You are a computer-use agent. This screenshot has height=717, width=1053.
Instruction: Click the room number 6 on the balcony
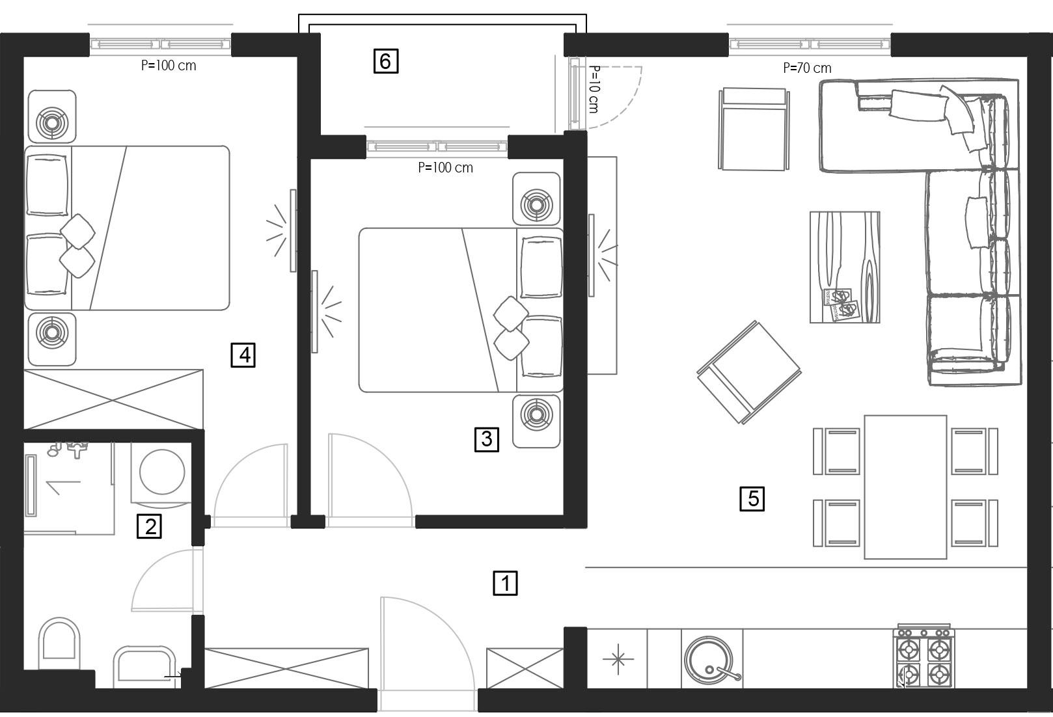coord(385,61)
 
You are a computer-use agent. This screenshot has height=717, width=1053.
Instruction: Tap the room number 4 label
coord(243,355)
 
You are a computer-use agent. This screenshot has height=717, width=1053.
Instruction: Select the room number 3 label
coord(487,439)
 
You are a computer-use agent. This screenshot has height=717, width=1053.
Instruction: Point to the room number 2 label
coord(149,526)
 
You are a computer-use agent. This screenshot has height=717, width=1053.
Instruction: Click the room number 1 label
coord(505,583)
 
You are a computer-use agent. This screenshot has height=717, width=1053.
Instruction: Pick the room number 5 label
coord(752,498)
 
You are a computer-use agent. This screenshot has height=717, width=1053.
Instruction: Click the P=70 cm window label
coord(807,68)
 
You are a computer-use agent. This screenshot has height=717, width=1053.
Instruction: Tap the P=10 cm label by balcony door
coord(594,89)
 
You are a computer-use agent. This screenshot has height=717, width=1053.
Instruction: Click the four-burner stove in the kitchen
coord(923,657)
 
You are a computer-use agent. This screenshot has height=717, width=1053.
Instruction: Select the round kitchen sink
coord(709,658)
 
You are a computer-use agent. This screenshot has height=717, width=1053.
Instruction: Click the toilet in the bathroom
coord(59,643)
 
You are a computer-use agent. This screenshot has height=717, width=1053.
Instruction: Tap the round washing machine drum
coord(161,472)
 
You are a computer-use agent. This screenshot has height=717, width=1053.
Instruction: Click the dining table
coord(905,487)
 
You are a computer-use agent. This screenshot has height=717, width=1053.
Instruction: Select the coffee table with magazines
coord(845,267)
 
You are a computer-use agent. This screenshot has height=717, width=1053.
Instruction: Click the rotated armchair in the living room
coord(749,372)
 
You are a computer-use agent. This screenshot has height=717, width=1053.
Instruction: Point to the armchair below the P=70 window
coord(754,128)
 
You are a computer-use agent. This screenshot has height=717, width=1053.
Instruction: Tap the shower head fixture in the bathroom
coord(66,449)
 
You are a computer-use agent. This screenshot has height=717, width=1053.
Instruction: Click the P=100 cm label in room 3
coord(445,168)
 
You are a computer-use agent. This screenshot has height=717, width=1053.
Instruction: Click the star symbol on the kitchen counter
coord(618,658)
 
